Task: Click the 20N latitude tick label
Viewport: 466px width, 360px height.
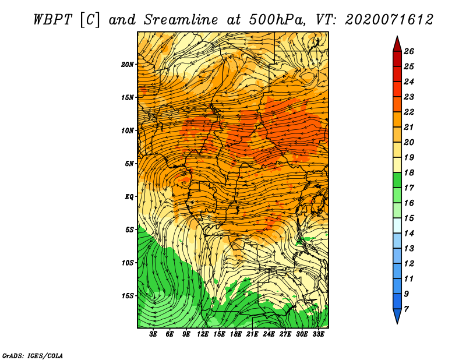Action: click(128, 64)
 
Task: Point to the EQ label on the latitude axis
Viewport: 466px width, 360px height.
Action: click(129, 196)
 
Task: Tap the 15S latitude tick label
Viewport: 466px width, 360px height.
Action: click(128, 296)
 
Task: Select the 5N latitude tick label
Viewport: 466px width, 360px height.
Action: click(129, 164)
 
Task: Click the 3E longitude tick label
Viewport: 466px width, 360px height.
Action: click(153, 334)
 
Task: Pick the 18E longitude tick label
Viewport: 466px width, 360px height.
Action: click(236, 334)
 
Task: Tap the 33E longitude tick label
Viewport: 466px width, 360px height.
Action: click(318, 334)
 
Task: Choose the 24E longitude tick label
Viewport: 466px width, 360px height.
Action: click(269, 334)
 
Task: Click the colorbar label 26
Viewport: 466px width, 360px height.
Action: click(409, 51)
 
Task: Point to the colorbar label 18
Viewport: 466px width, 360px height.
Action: click(409, 172)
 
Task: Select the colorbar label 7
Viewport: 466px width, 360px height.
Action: click(407, 309)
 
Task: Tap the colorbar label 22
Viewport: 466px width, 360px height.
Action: click(409, 112)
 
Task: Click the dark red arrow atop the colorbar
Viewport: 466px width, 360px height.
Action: click(397, 45)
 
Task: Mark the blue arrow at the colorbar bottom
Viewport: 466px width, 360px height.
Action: click(397, 315)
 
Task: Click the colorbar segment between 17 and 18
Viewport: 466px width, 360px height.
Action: click(397, 180)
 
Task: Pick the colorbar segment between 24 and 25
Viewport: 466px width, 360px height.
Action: click(397, 74)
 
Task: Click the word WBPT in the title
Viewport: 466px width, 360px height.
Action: click(53, 20)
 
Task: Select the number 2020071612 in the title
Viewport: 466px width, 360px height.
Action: click(389, 20)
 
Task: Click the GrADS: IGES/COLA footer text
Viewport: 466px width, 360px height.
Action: click(33, 356)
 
